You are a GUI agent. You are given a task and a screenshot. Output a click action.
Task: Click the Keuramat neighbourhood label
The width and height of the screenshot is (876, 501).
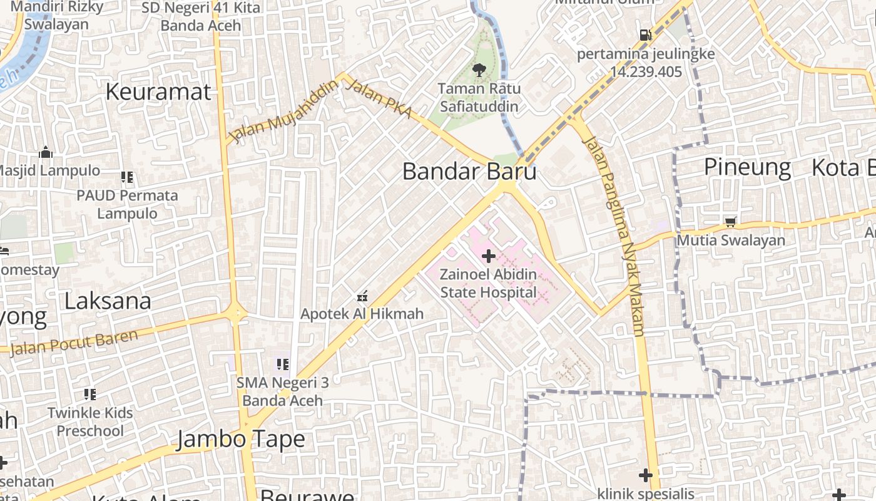[158, 91]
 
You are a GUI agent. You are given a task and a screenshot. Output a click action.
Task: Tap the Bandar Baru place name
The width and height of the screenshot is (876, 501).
[469, 171]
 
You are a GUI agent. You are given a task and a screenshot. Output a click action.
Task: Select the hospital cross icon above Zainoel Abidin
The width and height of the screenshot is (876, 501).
[489, 256]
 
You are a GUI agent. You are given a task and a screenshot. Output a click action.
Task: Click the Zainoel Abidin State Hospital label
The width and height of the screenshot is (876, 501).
[489, 283]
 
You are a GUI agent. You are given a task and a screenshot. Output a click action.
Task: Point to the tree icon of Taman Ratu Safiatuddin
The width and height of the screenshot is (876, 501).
[479, 70]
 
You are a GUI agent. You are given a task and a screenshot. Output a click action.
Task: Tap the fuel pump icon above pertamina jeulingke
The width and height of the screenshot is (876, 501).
[645, 35]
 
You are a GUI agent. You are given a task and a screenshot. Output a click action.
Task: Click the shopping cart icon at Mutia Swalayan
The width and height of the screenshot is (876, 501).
[730, 222]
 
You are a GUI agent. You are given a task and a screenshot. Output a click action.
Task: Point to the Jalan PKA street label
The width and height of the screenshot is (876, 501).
[379, 99]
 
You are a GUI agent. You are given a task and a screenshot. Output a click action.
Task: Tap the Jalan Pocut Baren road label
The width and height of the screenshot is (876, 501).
[74, 342]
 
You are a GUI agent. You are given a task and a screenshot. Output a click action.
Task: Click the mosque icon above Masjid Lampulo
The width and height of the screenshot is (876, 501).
[46, 152]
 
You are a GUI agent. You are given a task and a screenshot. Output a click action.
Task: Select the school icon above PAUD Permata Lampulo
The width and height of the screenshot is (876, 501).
[127, 177]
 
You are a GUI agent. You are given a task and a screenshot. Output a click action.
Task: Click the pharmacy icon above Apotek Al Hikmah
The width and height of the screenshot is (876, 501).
[362, 296]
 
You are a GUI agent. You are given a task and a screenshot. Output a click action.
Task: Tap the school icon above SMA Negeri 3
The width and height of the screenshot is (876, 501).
[282, 364]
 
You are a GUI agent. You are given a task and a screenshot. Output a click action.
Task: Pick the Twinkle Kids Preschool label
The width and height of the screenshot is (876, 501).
[91, 421]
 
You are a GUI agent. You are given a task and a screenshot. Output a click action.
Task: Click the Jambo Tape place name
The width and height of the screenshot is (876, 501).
[241, 439]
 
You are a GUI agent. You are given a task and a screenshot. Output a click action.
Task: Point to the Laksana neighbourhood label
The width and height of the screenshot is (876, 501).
[108, 301]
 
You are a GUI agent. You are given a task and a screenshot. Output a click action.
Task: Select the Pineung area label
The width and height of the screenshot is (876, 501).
[747, 167]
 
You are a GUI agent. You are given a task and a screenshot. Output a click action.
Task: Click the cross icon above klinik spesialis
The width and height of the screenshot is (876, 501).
[646, 475]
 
